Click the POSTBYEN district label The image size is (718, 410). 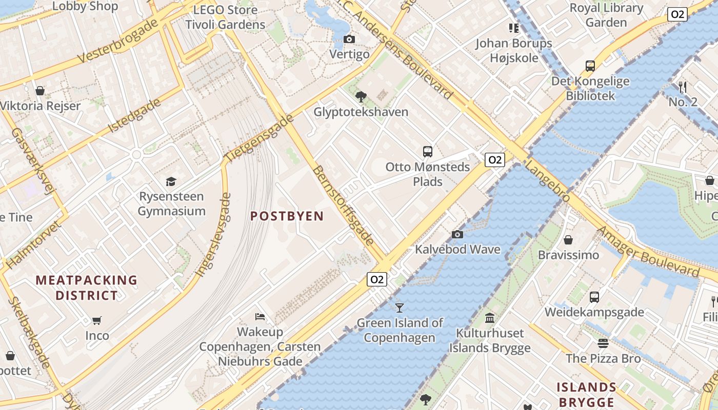[287, 216]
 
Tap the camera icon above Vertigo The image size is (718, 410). [349, 39]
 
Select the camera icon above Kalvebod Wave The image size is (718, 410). [457, 235]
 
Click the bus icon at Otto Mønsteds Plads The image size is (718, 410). [428, 152]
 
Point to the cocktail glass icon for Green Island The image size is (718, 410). [400, 307]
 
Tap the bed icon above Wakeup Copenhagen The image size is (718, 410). [260, 317]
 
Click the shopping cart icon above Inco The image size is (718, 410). [97, 321]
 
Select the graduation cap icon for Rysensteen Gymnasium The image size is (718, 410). [171, 181]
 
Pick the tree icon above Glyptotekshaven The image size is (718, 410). [361, 96]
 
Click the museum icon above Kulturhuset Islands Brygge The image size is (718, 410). [490, 318]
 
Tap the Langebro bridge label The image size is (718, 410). [547, 181]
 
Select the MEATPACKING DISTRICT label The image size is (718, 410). [87, 288]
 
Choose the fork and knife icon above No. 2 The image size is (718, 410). [683, 87]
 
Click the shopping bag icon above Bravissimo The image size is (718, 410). [568, 240]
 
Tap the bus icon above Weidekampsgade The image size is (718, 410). [594, 297]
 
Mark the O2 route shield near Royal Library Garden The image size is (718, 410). [677, 14]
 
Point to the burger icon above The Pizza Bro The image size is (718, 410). [603, 343]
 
